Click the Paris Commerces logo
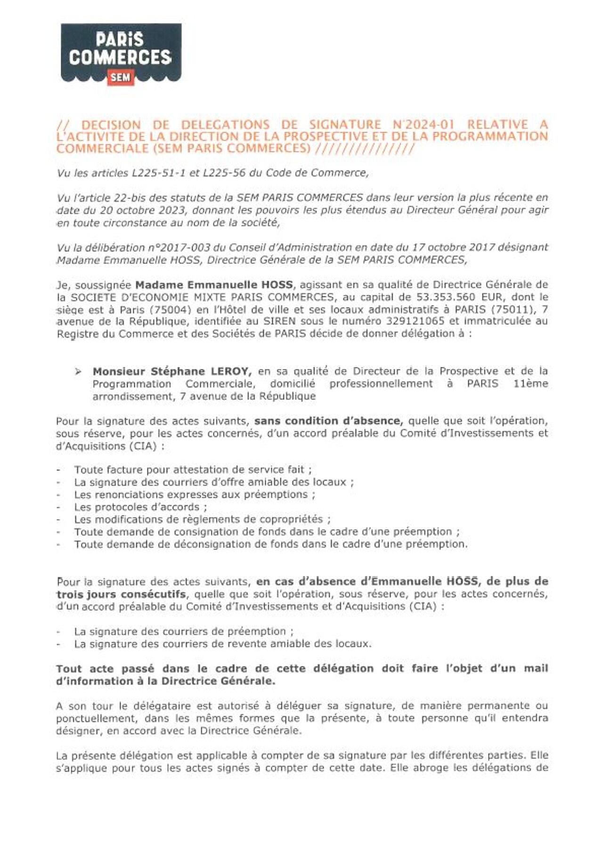pos(121,53)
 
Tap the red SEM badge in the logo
pos(121,77)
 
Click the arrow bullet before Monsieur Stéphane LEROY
pos(78,372)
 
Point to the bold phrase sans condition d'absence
pos(328,421)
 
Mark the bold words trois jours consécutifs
pos(121,594)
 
